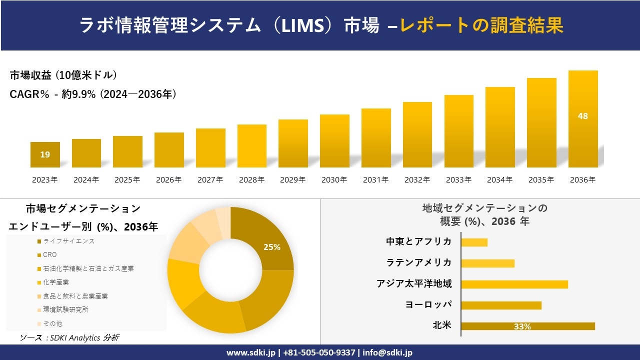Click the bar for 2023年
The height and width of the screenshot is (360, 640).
tap(45, 154)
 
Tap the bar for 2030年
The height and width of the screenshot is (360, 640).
tap(334, 141)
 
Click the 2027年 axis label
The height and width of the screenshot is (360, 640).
tap(210, 180)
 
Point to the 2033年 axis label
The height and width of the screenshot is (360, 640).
tap(458, 180)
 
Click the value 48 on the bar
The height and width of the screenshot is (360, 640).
tap(583, 116)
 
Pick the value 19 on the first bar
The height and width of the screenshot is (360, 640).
tap(45, 154)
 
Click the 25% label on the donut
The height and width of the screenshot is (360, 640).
tap(272, 247)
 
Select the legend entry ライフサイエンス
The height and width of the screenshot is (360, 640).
tap(68, 241)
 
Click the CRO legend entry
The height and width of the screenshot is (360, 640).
tap(50, 255)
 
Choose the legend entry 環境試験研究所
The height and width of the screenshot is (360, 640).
tap(65, 310)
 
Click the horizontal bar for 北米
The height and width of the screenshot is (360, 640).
tap(528, 326)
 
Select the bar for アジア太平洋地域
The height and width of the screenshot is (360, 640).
tap(514, 284)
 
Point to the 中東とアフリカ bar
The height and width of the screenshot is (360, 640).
tap(474, 242)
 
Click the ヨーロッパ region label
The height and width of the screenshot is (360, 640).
tap(428, 304)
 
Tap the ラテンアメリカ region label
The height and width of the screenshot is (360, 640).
tap(418, 262)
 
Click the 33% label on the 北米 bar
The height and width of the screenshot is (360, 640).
tap(522, 326)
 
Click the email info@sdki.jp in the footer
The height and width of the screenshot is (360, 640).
tap(387, 352)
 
